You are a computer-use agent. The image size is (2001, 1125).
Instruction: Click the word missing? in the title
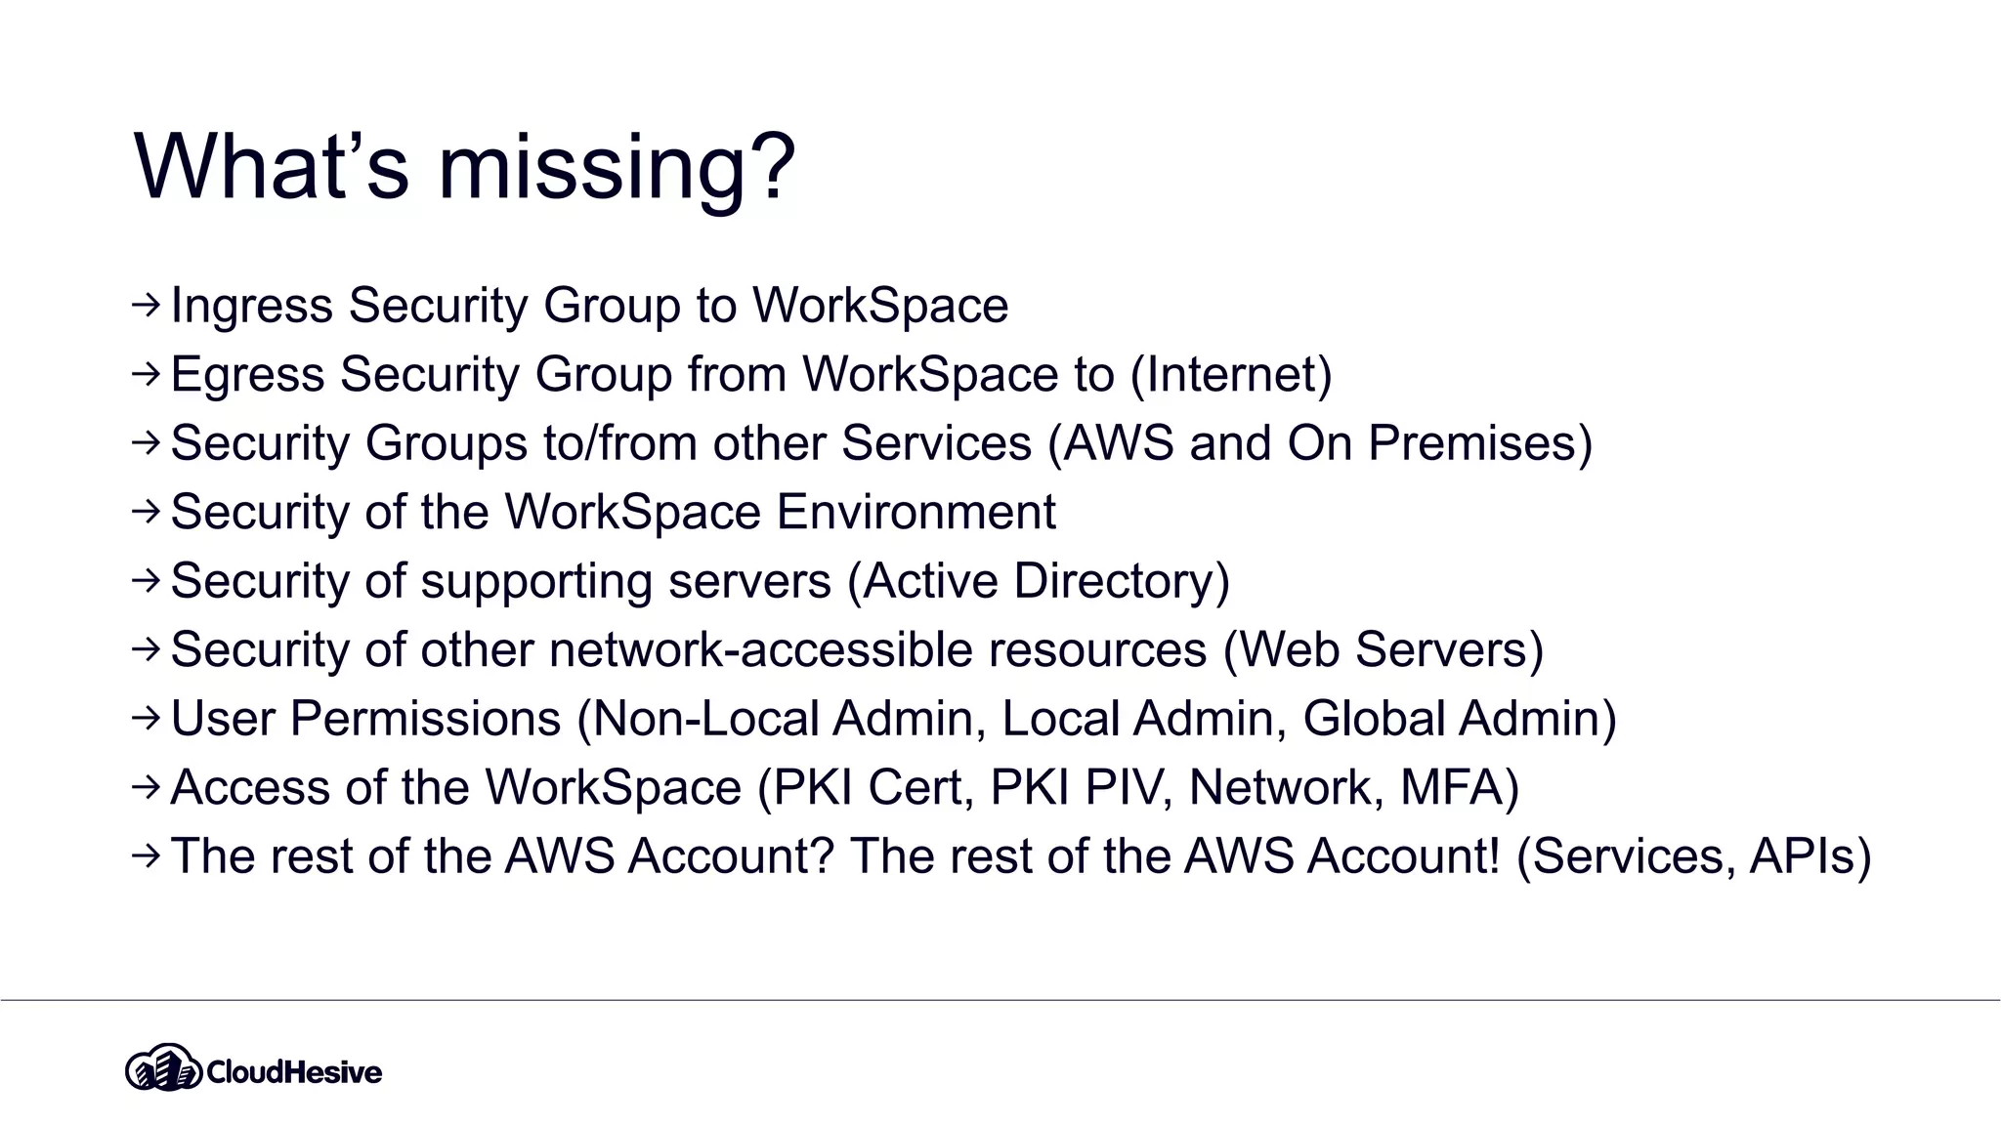pyautogui.click(x=617, y=168)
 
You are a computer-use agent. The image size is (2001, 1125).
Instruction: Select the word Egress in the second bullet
pyautogui.click(x=247, y=374)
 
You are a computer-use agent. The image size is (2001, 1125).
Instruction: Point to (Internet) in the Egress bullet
pyautogui.click(x=1231, y=374)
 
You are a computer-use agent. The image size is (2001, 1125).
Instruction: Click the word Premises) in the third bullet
pyautogui.click(x=1480, y=443)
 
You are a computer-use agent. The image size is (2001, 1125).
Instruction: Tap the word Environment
pyautogui.click(x=915, y=512)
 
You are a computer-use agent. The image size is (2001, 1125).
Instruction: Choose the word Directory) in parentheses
pyautogui.click(x=1122, y=581)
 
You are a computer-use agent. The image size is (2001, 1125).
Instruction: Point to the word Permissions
pyautogui.click(x=425, y=719)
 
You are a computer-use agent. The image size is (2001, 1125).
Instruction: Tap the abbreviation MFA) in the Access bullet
pyautogui.click(x=1460, y=787)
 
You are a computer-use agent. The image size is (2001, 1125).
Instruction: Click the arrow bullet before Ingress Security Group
pyautogui.click(x=146, y=306)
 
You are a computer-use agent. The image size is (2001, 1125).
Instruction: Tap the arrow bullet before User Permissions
pyautogui.click(x=146, y=719)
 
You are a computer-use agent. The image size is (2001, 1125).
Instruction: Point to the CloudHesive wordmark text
pyautogui.click(x=294, y=1072)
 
